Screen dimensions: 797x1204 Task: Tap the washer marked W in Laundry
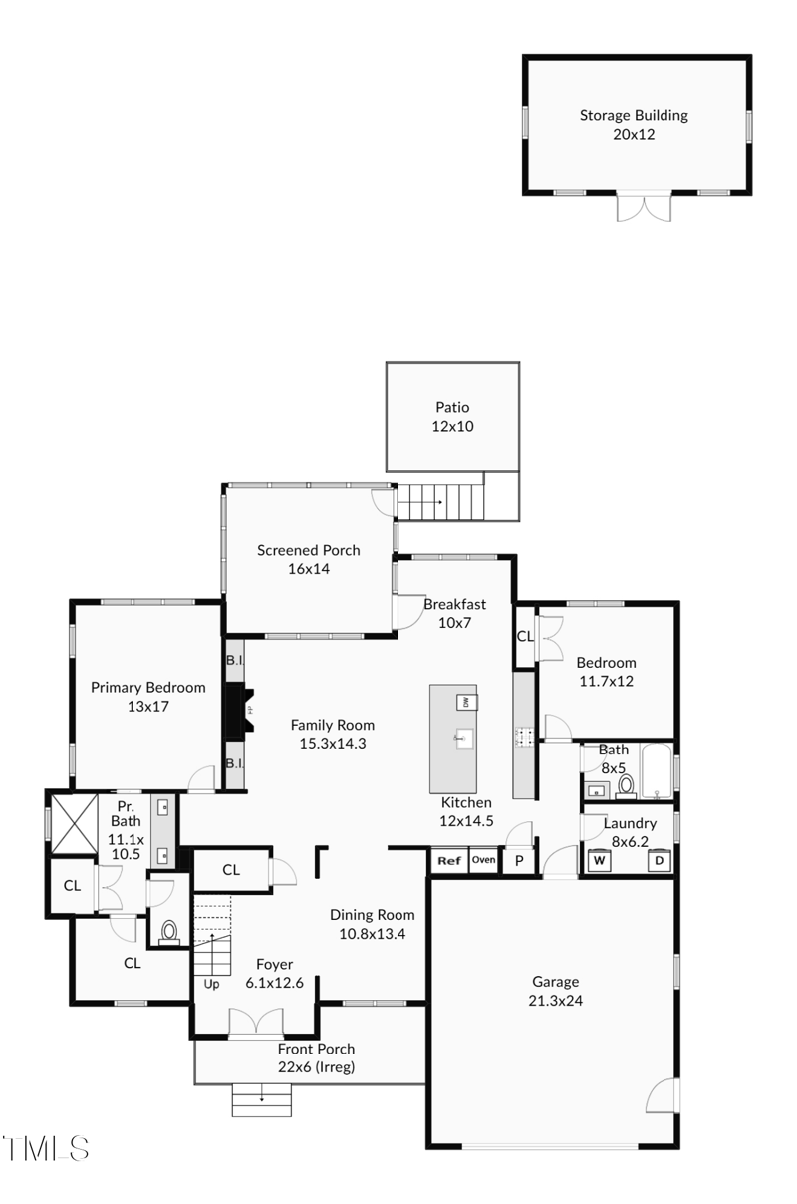599,860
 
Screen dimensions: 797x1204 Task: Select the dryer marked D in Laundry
660,860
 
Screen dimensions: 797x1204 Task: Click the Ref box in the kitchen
449,860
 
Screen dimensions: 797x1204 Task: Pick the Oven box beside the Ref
484,860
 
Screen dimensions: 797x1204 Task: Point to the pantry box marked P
519,861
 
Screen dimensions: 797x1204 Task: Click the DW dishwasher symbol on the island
466,702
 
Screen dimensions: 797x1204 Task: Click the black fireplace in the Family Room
239,711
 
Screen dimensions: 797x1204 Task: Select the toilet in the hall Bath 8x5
625,785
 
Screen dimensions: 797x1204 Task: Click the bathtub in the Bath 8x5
657,771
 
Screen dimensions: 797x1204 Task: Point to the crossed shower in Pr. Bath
74,824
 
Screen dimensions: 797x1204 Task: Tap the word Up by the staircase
211,984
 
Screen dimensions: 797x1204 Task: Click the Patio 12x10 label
452,417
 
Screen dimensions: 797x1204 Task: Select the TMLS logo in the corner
45,1148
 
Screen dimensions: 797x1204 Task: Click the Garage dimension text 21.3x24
556,1001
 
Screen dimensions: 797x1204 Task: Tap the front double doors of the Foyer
256,1022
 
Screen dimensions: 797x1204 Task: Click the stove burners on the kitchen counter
524,736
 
